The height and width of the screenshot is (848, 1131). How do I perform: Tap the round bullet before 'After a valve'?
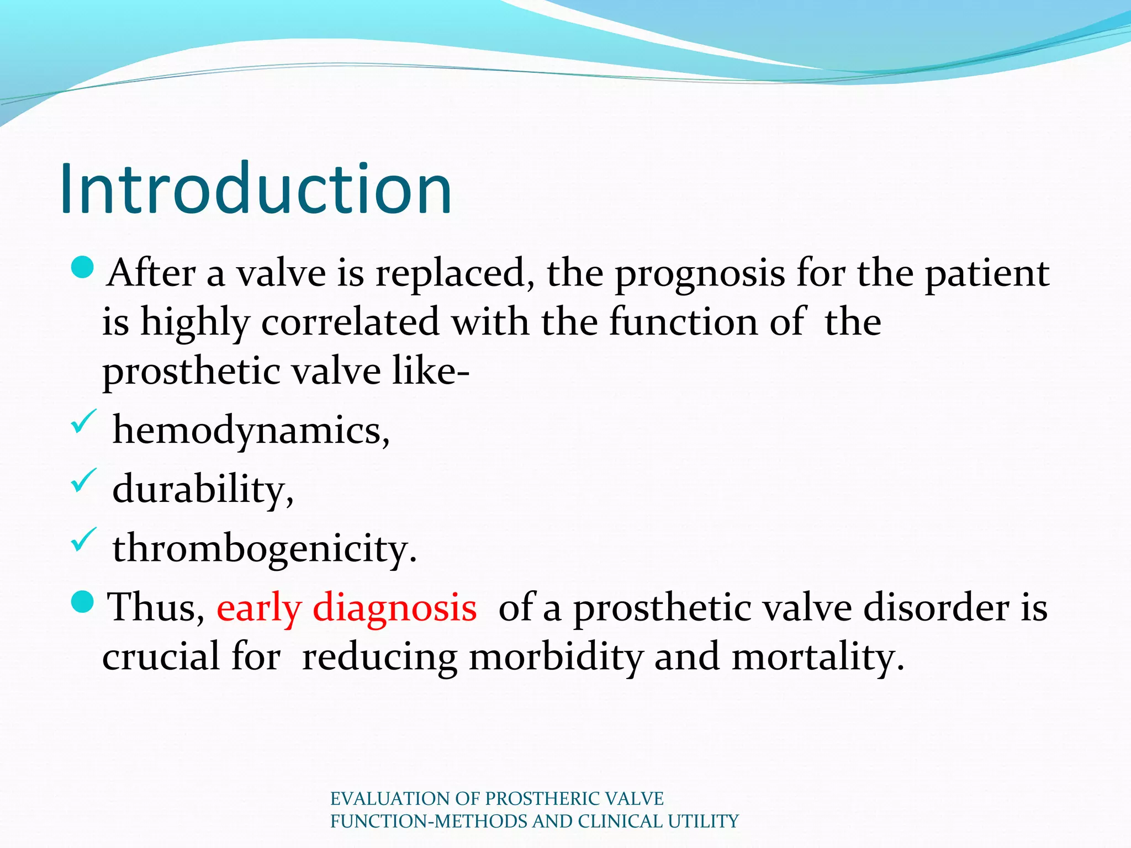point(83,268)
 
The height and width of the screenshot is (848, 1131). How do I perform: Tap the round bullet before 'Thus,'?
point(83,602)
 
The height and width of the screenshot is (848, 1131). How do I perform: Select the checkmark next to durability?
point(83,481)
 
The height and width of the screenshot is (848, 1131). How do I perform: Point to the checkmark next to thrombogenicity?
point(83,540)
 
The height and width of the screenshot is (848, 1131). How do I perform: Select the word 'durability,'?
point(203,489)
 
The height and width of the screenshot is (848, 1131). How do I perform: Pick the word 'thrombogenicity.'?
point(265,548)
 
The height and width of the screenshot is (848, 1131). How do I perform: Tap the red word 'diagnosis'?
point(394,607)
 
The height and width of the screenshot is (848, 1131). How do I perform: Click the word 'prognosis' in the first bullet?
point(700,274)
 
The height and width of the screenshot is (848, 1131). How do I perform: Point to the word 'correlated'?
point(350,322)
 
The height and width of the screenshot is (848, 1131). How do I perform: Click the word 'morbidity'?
point(556,656)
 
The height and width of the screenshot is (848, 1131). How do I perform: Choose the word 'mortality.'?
point(818,656)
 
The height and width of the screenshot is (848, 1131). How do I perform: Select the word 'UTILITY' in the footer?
point(703,821)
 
